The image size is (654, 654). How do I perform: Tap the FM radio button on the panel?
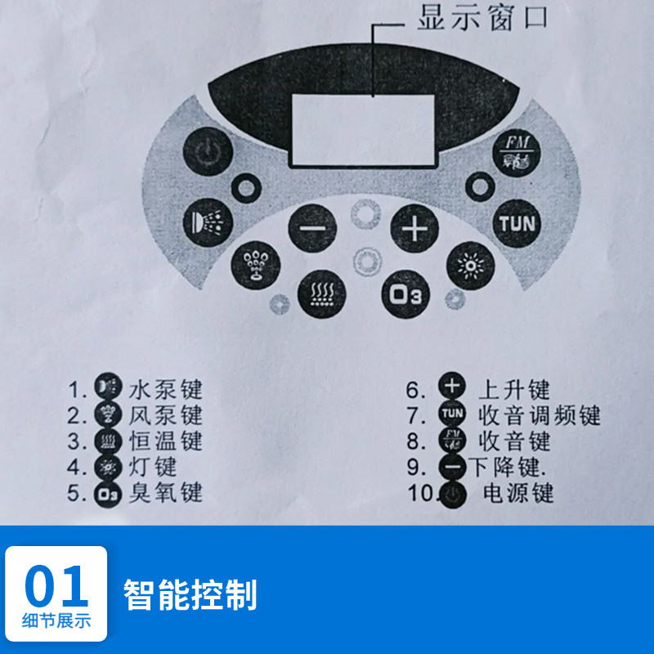[517, 154]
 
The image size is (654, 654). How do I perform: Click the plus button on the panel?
[414, 229]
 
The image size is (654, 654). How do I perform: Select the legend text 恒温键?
[165, 441]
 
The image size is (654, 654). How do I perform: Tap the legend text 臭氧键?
[165, 493]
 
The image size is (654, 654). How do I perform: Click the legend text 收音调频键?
[539, 415]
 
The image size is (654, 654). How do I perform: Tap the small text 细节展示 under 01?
[56, 620]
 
